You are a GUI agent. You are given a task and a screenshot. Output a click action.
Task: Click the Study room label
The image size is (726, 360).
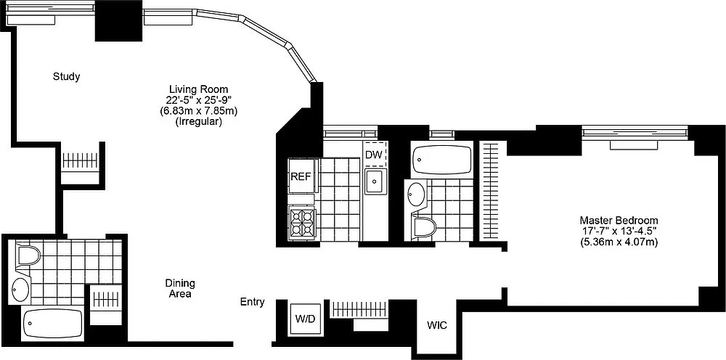coord(66,77)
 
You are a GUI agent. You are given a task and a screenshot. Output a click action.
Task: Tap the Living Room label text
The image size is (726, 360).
coord(199,89)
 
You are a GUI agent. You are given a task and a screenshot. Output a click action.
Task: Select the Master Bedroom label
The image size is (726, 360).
coord(619,220)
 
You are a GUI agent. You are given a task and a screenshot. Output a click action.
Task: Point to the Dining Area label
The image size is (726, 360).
coord(180,288)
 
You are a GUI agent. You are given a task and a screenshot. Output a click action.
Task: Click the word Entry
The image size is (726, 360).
coord(253,302)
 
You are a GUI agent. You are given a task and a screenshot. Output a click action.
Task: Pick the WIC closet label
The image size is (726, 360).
coord(437,325)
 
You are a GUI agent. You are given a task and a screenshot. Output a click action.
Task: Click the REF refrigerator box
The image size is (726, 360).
coord(301,176)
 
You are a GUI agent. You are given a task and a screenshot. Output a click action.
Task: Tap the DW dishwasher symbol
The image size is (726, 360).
coord(374,155)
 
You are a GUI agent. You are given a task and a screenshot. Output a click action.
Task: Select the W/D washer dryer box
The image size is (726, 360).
coord(305,319)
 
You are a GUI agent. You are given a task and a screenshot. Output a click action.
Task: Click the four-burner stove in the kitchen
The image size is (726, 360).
coord(302,223)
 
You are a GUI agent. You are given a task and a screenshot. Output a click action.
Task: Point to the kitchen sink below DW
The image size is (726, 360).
coord(375,181)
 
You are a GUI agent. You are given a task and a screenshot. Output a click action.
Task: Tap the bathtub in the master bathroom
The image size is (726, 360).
coord(441,160)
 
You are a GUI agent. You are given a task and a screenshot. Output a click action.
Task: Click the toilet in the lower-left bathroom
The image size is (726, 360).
coord(28,255)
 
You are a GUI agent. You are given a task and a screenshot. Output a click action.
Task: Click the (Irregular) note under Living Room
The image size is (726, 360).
coord(199,123)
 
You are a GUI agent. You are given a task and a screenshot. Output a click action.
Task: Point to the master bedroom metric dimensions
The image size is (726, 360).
coord(619,242)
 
